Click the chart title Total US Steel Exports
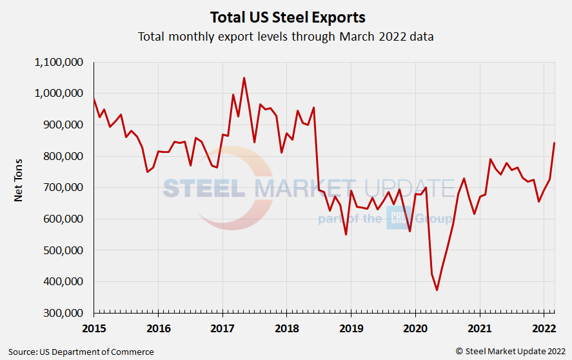coord(287,16)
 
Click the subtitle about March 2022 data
coord(286,36)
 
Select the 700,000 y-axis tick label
coord(59,188)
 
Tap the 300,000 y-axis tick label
coord(59,313)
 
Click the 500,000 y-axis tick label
coord(59,250)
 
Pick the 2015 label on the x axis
coord(94,328)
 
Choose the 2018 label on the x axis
coord(287,328)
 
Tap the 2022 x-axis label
coord(544,328)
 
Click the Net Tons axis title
coord(18,181)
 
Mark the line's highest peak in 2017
coord(244,78)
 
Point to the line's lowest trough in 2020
coord(437,290)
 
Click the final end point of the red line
coord(554,143)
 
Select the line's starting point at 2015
coord(94,99)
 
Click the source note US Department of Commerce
coord(81,352)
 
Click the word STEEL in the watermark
coord(204,188)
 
